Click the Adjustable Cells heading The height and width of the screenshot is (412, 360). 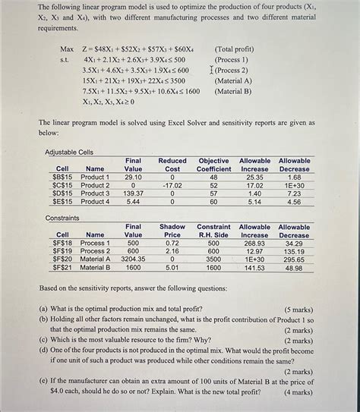point(69,153)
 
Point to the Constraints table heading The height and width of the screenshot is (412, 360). point(63,218)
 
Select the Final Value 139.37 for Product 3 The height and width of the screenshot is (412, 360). point(133,193)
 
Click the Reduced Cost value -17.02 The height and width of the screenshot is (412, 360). point(173,185)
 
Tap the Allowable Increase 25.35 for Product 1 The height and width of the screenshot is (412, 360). point(255,178)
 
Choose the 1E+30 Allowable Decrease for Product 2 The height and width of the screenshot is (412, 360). point(294,185)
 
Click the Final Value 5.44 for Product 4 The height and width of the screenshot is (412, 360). point(133,202)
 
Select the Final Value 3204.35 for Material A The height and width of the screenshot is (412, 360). point(133,259)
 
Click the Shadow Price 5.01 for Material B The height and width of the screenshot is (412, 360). point(172,267)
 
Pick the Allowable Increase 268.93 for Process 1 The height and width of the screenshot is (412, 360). point(255,243)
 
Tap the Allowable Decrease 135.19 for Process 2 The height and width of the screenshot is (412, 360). point(294,251)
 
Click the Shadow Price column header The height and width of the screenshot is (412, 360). point(172,231)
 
